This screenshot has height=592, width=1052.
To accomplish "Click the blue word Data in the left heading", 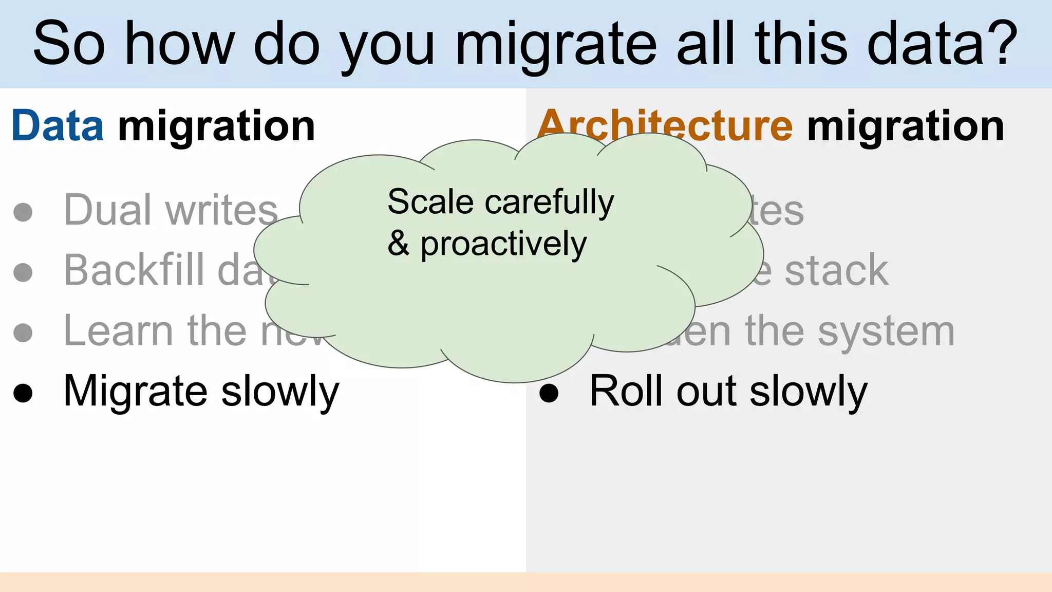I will click(x=58, y=126).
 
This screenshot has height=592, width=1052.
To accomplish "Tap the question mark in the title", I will click(x=1001, y=43).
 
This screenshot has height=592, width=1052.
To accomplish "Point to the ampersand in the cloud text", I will click(x=399, y=243).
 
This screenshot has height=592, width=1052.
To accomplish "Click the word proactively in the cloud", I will click(x=503, y=244).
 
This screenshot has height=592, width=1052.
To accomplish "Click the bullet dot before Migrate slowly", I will click(x=23, y=393).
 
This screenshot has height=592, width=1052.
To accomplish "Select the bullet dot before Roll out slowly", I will click(x=549, y=393).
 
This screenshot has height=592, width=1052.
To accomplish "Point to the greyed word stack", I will click(x=836, y=270).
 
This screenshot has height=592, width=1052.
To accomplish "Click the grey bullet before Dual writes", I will click(x=23, y=212).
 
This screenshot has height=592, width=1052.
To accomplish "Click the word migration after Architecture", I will click(x=905, y=126).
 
